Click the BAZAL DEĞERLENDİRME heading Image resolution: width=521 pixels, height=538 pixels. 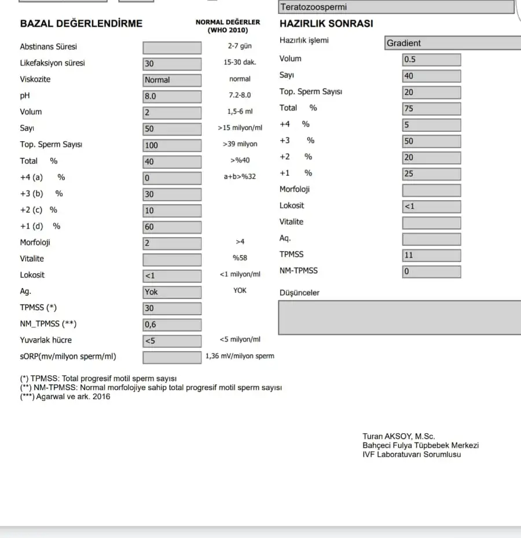[x=81, y=24]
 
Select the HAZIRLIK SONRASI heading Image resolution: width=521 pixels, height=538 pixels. [x=326, y=24]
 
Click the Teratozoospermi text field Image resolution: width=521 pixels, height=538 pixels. [x=396, y=7]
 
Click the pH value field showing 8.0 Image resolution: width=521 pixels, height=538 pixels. [x=172, y=97]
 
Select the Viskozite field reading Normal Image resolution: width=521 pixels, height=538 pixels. [x=172, y=80]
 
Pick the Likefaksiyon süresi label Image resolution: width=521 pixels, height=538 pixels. [x=52, y=63]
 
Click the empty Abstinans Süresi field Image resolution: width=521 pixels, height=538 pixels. [x=172, y=47]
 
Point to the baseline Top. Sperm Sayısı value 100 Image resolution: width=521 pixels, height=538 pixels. [x=172, y=145]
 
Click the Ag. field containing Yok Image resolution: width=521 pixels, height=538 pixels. [x=172, y=292]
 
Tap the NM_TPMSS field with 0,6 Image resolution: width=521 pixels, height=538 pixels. [x=172, y=325]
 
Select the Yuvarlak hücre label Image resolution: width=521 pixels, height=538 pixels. [x=46, y=340]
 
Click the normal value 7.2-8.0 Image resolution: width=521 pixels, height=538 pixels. [x=240, y=95]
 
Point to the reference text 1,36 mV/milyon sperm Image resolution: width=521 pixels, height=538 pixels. [x=240, y=356]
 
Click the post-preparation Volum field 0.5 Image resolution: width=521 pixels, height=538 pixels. [x=431, y=60]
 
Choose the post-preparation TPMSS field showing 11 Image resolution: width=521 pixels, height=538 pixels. [x=431, y=255]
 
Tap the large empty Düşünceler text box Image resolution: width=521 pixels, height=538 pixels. [x=399, y=317]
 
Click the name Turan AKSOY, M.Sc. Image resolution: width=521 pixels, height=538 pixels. [x=399, y=437]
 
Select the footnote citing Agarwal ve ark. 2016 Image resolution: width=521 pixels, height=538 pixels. [x=65, y=397]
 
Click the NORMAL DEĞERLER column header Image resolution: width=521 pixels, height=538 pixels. [x=228, y=25]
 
